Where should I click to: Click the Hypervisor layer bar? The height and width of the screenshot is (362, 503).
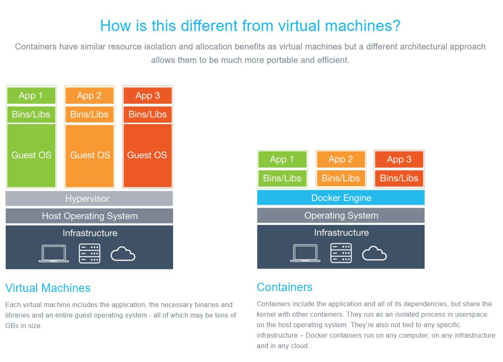[x=89, y=199]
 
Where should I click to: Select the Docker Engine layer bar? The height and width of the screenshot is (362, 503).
[x=341, y=198]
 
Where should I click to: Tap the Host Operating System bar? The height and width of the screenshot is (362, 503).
[x=89, y=216]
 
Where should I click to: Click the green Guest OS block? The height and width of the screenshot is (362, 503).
[x=31, y=156]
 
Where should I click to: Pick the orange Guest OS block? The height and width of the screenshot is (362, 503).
[x=90, y=156]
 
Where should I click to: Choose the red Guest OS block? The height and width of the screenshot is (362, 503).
[x=148, y=156]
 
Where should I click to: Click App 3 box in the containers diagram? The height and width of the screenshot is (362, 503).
[x=399, y=159]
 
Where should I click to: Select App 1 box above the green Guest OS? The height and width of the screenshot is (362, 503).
[x=31, y=96]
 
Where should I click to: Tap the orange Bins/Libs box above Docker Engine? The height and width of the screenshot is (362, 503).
[x=341, y=178]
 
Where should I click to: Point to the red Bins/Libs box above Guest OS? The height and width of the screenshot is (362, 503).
[x=148, y=115]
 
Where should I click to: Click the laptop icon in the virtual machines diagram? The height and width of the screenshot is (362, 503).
[x=54, y=254]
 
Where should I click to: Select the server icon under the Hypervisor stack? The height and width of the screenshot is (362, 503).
[x=90, y=253]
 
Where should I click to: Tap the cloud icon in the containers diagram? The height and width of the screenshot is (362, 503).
[x=374, y=253]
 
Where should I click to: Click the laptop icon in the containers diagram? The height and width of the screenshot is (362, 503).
[x=305, y=253]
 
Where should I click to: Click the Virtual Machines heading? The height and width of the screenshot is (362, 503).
[x=48, y=288]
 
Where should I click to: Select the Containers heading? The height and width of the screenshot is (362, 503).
[x=285, y=287]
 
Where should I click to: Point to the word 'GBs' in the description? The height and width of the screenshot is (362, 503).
[x=12, y=326]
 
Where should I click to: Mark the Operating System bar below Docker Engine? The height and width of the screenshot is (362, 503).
[x=341, y=216]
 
